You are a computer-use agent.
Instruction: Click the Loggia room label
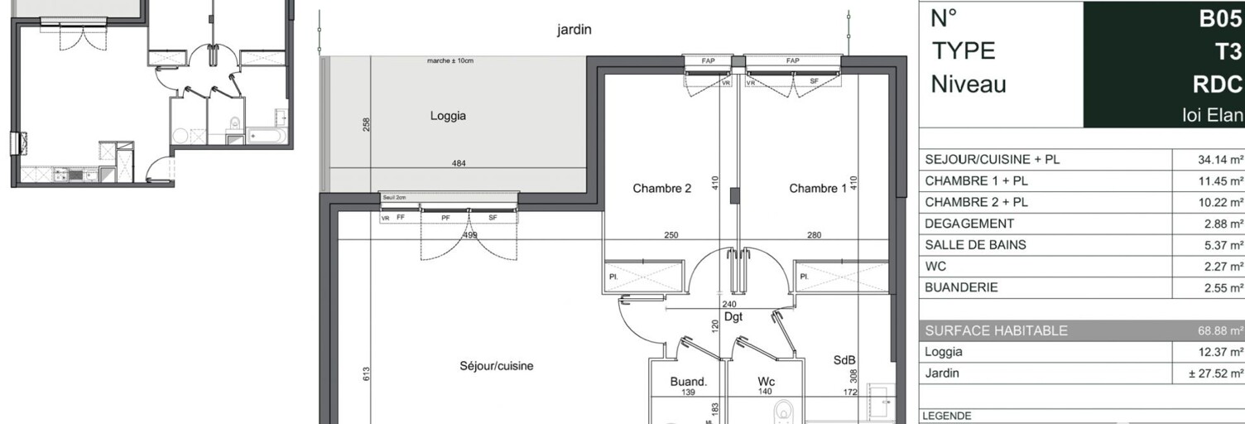coord(448,116)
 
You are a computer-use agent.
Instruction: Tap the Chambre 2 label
coord(661,189)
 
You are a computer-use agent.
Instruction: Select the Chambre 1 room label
coord(818,189)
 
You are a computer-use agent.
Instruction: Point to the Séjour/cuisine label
coord(497,365)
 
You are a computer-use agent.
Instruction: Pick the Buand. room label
coord(689,382)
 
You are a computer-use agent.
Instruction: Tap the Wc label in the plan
coord(766,382)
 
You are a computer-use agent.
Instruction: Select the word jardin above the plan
coord(574,30)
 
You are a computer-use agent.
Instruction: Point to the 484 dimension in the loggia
coord(459,163)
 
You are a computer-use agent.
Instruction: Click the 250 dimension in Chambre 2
coord(671,235)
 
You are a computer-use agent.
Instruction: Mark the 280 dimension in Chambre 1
coord(815,235)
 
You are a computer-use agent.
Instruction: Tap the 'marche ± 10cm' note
coord(450,61)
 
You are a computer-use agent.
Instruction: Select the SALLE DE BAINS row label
coord(975,245)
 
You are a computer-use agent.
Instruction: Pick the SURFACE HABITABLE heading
coord(996,331)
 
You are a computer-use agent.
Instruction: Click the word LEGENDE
coord(948,417)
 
